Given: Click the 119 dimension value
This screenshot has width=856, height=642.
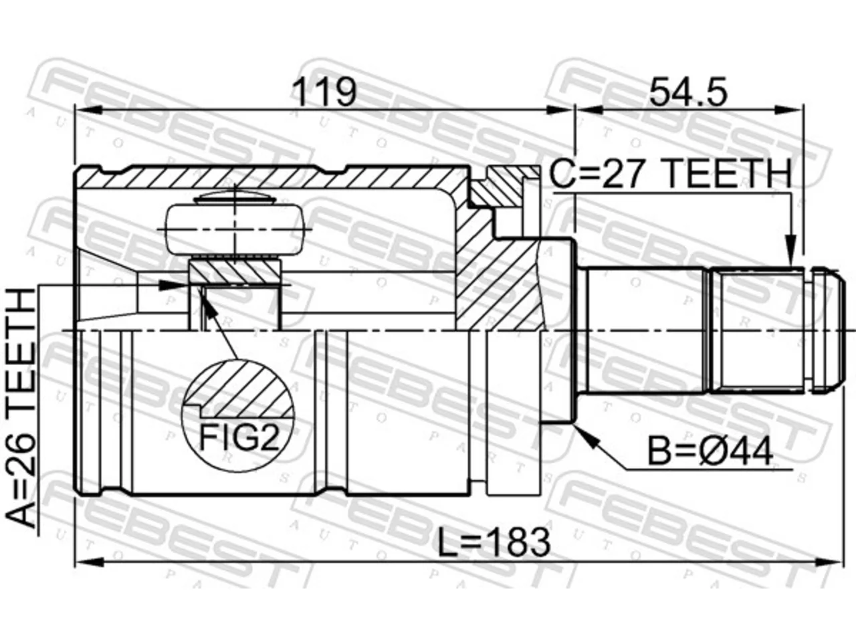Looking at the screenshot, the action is [325, 92].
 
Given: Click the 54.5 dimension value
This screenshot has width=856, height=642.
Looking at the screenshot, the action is [689, 92].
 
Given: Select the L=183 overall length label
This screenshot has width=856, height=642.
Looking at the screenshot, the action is [494, 542].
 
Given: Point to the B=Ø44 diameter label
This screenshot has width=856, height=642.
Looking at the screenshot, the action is [710, 452].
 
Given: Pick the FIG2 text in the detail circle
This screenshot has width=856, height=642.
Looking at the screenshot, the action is [239, 437].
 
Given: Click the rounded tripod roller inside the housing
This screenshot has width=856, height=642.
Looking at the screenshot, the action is [235, 230].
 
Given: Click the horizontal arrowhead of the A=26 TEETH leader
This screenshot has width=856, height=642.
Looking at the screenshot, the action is [173, 286].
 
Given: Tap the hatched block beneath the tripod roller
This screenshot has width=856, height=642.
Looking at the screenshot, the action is [235, 272].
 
